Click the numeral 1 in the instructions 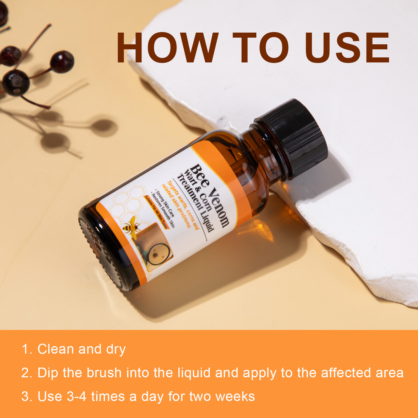click(25, 349)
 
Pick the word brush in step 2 click(104, 373)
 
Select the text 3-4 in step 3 click(76, 396)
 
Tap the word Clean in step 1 click(55, 349)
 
